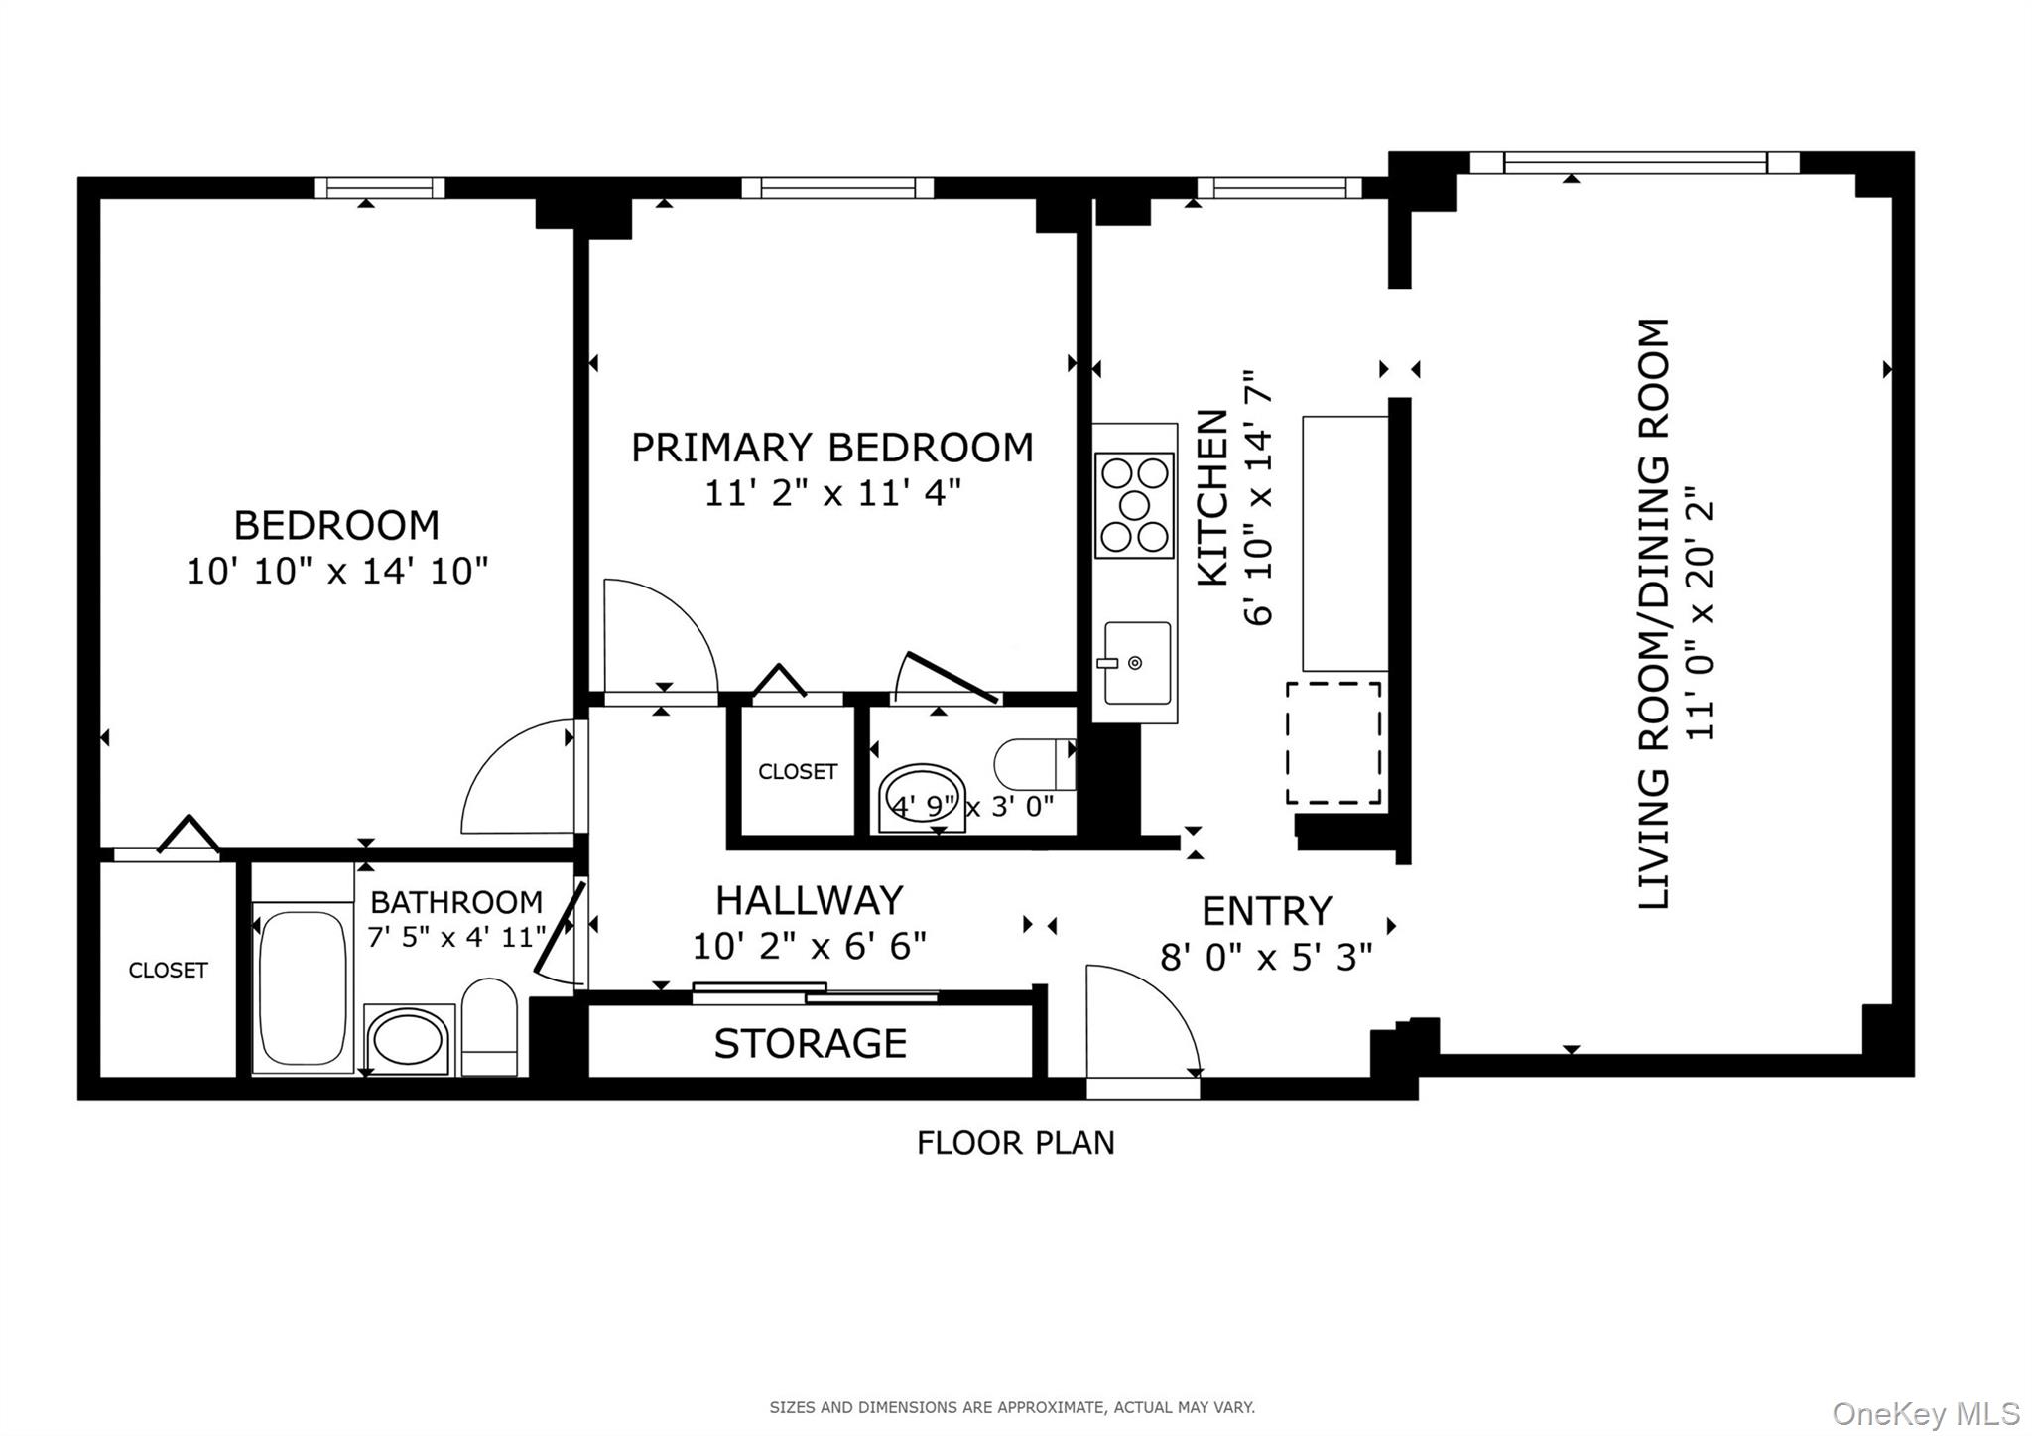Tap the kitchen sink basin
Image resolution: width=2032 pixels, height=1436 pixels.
1137,662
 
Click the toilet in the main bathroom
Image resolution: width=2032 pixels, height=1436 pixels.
489,1027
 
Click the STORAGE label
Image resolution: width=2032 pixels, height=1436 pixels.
810,1043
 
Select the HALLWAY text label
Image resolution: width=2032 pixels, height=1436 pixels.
809,900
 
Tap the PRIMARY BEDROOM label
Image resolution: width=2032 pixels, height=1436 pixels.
831,448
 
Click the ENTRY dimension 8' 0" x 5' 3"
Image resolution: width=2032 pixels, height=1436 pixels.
1266,957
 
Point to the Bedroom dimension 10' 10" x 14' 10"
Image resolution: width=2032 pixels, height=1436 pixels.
337,572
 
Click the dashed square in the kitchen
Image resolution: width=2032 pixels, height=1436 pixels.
1333,742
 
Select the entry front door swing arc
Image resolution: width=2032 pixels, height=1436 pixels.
1141,1017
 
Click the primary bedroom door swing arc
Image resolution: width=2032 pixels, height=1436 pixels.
660,635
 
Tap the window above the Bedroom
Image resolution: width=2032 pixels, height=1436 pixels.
379,188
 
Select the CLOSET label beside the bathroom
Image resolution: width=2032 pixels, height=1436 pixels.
168,970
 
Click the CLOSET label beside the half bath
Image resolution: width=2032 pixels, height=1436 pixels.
797,771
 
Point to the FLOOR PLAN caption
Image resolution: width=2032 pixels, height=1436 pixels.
1015,1143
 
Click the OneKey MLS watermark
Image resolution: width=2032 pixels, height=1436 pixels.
1925,1413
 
